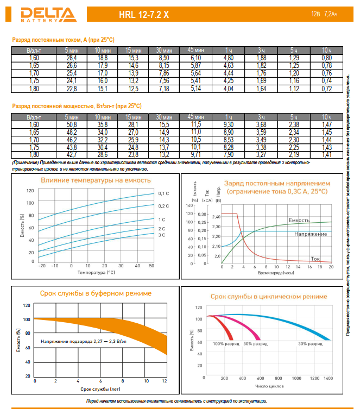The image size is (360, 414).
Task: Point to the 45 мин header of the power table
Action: [x=195, y=117]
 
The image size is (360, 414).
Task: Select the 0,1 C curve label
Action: [x=163, y=193]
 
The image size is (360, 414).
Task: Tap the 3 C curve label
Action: [x=161, y=235]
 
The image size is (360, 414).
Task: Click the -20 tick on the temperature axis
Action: [x=42, y=265]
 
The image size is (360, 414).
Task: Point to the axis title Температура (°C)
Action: [x=96, y=272]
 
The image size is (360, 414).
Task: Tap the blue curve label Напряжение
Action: [x=311, y=234]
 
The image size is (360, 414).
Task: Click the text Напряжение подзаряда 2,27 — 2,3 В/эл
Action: [x=84, y=341]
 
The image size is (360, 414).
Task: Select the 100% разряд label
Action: [x=225, y=344]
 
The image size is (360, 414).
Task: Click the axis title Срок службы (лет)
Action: [x=100, y=389]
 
